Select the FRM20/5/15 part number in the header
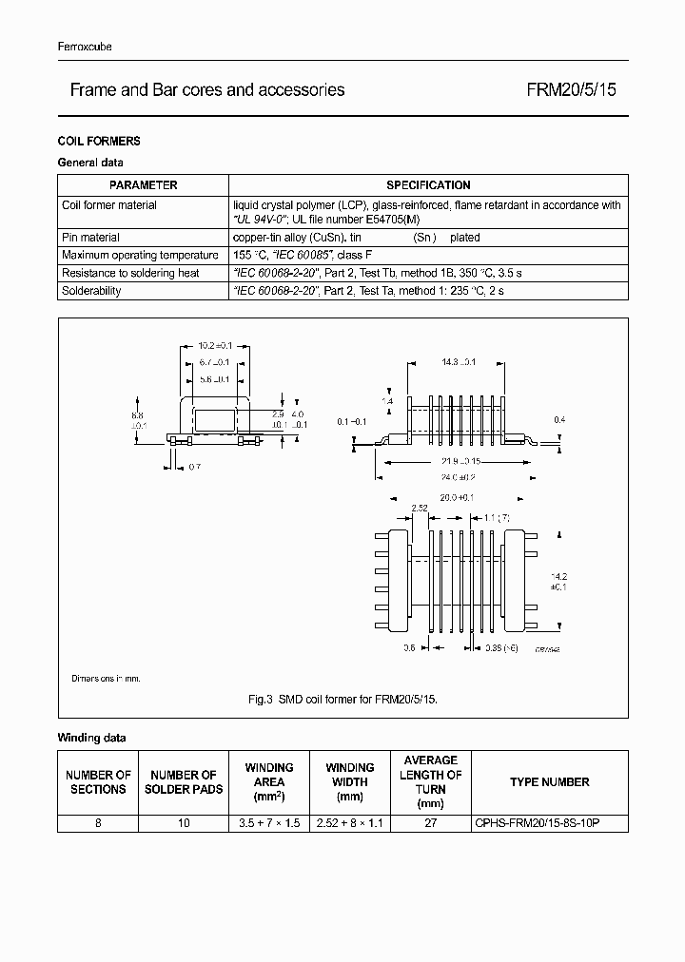[572, 90]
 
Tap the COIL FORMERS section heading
[99, 141]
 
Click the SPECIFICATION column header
[428, 185]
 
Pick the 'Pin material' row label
[90, 238]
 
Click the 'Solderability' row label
[91, 291]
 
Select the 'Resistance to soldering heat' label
[130, 273]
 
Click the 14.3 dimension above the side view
[459, 362]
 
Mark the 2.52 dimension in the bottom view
[421, 509]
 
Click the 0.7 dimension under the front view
[194, 467]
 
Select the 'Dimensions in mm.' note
[106, 678]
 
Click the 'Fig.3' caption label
[260, 699]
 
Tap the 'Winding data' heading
[91, 738]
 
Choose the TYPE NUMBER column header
[549, 782]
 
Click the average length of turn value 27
[430, 823]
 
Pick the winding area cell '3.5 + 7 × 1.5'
[269, 823]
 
